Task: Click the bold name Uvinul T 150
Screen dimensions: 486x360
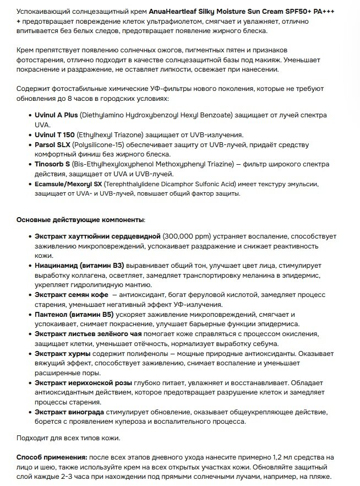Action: pos(55,134)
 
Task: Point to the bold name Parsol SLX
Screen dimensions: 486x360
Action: pos(53,144)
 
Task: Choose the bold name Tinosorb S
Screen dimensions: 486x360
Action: pos(54,164)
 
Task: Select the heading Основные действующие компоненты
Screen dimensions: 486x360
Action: pos(81,220)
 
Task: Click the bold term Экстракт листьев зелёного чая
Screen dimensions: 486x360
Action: pos(89,334)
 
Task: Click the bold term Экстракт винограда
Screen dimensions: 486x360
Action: pos(72,412)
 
